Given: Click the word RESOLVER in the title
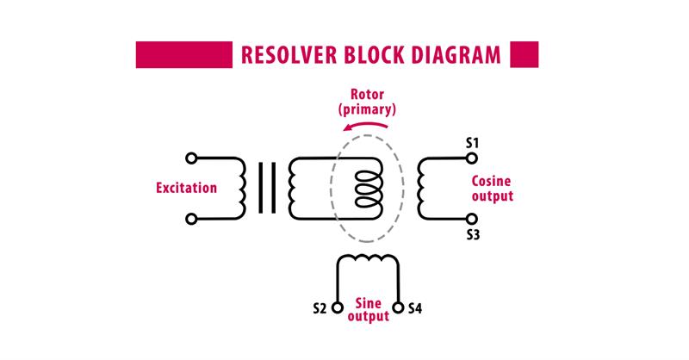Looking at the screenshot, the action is pos(289,55).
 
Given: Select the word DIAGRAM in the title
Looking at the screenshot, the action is pos(456,55).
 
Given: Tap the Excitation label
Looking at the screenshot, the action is pos(186,188).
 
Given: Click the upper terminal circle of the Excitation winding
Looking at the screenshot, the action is pos(191,158).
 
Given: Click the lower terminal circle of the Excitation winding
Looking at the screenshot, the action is pos(191,219).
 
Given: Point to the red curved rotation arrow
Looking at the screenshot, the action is pos(365,125).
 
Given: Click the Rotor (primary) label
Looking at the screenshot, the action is pos(368,102).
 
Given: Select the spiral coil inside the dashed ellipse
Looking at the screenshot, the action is pos(369,189).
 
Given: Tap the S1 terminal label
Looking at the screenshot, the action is pos(472,143).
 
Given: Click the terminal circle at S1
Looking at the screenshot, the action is pos(471,158).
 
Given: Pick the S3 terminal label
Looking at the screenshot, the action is pos(473,235).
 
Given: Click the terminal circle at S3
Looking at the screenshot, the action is pos(471,219).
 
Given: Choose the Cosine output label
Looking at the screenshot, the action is pos(492,188).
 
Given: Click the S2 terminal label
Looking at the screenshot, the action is pos(320,308).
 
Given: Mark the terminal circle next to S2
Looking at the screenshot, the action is pos(337,307).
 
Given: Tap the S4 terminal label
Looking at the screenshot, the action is pos(415,308).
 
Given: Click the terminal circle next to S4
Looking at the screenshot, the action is pos(398,307).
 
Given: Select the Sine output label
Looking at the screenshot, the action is pos(369,310).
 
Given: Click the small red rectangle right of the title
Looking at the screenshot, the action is pos(525,54).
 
